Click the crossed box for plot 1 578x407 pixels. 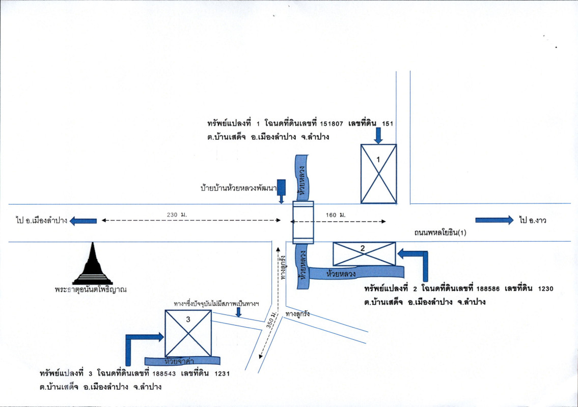point(378,173)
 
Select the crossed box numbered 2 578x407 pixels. point(364,254)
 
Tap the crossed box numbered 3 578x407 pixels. point(188,333)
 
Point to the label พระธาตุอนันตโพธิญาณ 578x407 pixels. point(91,290)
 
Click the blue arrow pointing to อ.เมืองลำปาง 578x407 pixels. point(83,221)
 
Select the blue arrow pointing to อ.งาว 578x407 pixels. point(494,220)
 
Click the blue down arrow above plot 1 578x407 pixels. point(378,135)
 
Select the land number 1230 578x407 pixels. point(543,288)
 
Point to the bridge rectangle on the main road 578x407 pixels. point(303,222)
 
